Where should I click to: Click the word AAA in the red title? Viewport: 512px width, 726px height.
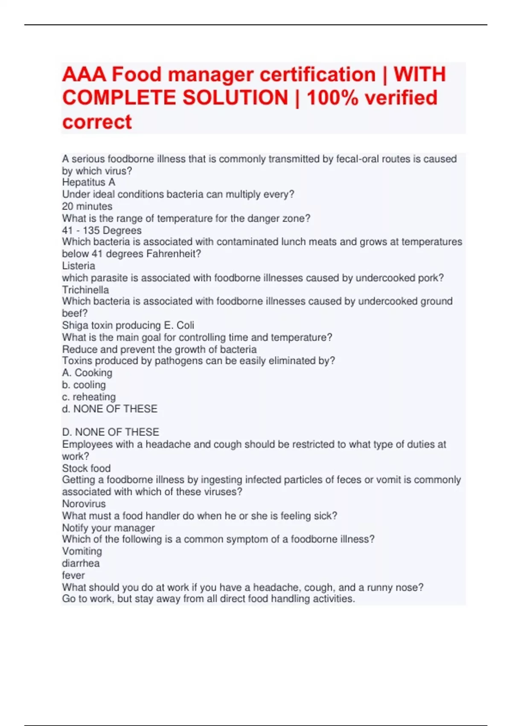coord(84,75)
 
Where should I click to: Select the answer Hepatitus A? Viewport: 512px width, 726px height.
coord(88,182)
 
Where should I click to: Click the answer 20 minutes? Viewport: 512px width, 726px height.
coord(87,206)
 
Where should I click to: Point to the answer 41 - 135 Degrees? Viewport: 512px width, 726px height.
coord(102,230)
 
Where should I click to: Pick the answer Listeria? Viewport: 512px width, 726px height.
coord(79,266)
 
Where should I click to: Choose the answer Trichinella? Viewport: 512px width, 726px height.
coord(85,290)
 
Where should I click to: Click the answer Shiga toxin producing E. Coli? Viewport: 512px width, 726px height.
coord(128,325)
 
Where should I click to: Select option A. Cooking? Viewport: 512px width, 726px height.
coord(87,373)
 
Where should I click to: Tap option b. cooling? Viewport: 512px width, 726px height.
coord(84,385)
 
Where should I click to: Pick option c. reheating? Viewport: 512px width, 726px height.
coord(89,397)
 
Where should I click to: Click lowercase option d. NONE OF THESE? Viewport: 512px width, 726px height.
coord(110,409)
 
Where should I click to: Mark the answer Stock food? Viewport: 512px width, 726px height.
coord(86,468)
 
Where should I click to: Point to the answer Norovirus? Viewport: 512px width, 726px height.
coord(84,504)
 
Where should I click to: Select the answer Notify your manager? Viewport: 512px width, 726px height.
coord(108,528)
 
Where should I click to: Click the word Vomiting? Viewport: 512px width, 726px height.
coord(82,551)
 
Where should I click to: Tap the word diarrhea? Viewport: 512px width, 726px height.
coord(81,563)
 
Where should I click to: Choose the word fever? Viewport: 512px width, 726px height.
coord(73,575)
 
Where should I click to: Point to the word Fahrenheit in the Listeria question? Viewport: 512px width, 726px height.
coord(173,254)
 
